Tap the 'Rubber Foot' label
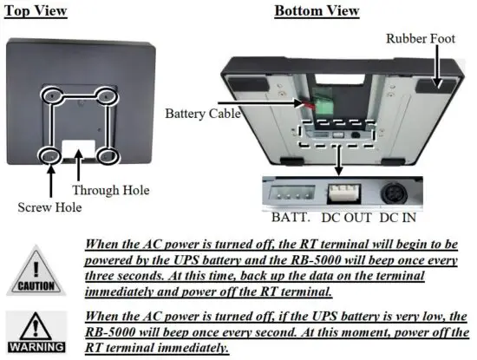pos(425,38)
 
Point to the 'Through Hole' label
pos(110,189)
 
